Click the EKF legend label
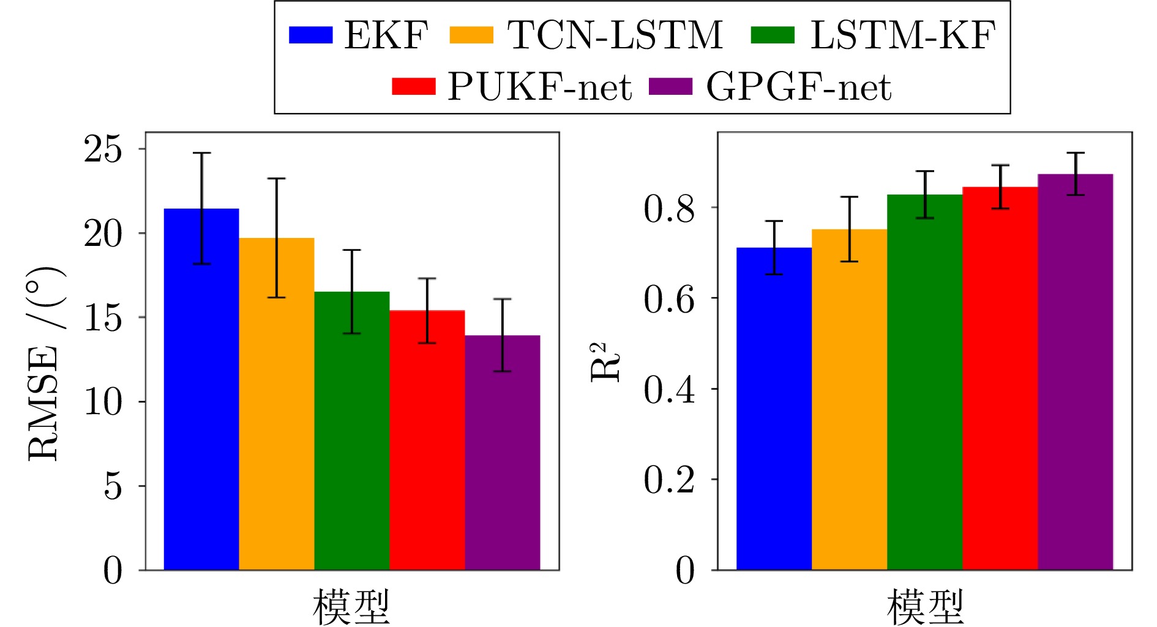(x=386, y=35)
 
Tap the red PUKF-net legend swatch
(x=414, y=87)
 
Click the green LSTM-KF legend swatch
(x=773, y=35)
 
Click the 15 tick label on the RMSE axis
(x=103, y=317)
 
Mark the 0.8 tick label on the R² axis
(x=669, y=208)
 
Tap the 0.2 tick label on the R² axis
(x=669, y=480)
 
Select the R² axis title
(x=604, y=362)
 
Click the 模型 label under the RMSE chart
(x=351, y=606)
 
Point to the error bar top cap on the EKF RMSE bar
(x=201, y=153)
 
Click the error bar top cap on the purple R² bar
(x=1075, y=153)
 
